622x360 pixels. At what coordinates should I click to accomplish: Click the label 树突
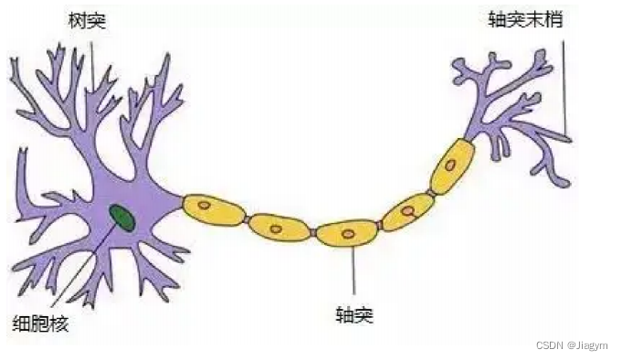88,19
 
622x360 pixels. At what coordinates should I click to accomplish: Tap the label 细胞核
39,323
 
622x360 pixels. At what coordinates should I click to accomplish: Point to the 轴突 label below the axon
354,316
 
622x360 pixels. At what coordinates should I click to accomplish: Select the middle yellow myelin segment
346,234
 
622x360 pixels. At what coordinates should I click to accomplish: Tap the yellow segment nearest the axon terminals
453,167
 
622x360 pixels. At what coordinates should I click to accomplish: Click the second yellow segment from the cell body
279,228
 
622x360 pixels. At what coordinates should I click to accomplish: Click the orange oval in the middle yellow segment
348,234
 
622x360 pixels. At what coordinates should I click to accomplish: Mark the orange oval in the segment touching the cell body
206,206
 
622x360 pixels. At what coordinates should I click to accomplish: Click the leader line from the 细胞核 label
78,270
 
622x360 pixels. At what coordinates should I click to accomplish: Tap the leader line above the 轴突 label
354,274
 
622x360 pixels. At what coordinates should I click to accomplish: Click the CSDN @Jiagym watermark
571,345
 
